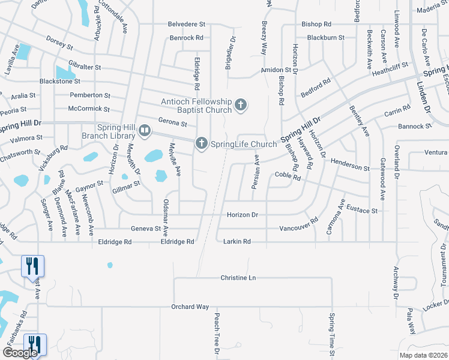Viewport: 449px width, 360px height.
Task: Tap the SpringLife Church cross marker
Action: (x=201, y=143)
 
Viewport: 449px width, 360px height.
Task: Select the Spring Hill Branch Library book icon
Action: (x=145, y=130)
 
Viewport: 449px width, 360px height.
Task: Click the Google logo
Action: (x=19, y=353)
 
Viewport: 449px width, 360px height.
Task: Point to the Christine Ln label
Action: (x=238, y=278)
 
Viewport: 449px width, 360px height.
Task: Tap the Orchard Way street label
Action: (x=190, y=307)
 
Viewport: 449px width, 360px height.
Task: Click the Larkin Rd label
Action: (x=237, y=241)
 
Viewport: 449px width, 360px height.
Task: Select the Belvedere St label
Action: (x=187, y=25)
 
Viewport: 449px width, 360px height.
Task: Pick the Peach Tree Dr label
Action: (x=214, y=336)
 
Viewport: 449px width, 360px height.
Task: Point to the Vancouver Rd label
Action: (x=298, y=227)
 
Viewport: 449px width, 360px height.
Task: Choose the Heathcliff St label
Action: (x=390, y=66)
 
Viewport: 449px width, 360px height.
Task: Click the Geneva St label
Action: (x=145, y=229)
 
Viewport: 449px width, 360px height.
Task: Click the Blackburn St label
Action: (x=325, y=37)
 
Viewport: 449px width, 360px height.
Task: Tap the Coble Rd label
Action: (x=287, y=175)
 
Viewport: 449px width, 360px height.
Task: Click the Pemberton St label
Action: (x=90, y=95)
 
